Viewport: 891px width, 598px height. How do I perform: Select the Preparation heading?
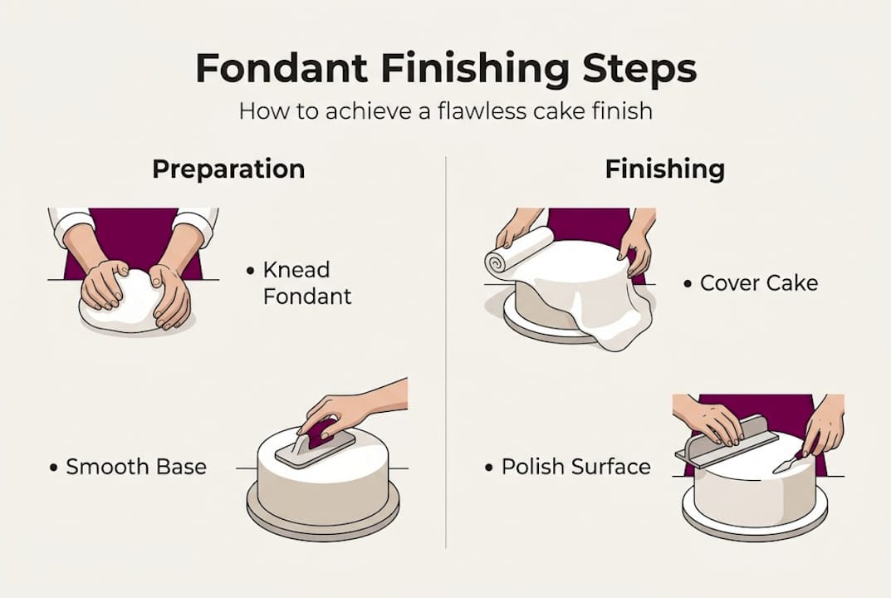tap(228, 169)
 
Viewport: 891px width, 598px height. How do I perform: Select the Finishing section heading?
tap(664, 169)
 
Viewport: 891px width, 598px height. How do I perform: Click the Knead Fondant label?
tap(306, 282)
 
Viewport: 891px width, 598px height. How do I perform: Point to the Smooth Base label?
tap(136, 467)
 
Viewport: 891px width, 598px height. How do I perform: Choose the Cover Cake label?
tap(758, 282)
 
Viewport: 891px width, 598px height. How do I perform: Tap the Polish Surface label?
tap(575, 467)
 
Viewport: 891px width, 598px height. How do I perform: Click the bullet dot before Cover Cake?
tap(688, 284)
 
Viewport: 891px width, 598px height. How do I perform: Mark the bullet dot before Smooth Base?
tap(54, 468)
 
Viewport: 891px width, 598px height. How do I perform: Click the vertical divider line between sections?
tap(446, 349)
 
